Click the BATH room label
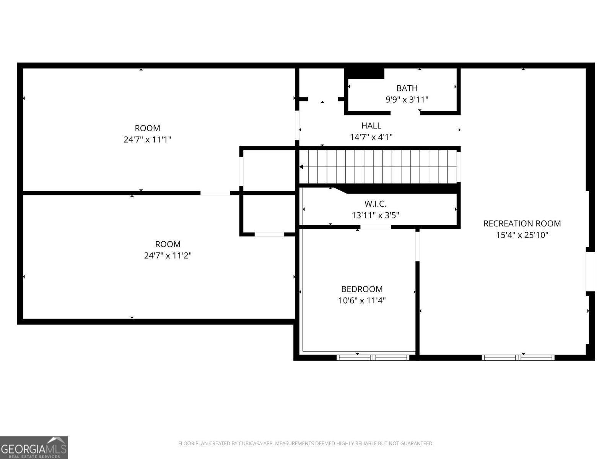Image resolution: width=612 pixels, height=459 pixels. click(407, 88)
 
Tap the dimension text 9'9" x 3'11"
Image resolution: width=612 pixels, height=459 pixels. click(407, 100)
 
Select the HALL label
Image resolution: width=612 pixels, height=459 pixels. click(371, 125)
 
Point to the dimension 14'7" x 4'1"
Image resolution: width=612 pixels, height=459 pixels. click(371, 137)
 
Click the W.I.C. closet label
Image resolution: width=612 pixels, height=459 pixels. click(375, 204)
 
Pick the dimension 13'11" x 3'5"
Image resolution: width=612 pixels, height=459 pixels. click(375, 215)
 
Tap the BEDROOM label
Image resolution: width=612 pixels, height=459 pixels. click(362, 289)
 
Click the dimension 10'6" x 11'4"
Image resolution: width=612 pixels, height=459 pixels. click(362, 301)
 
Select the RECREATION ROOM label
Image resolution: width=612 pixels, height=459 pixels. click(522, 223)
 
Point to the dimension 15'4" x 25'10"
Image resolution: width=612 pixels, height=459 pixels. click(522, 235)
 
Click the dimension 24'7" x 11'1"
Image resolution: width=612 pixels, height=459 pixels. click(147, 140)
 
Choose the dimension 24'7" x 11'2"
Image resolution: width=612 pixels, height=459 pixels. click(168, 256)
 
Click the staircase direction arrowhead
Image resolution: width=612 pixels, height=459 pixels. click(301, 167)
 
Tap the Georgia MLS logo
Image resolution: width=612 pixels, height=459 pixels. click(34, 447)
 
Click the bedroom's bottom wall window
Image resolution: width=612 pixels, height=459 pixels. click(373, 358)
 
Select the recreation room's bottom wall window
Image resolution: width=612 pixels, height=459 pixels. click(518, 358)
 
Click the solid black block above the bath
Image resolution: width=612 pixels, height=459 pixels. click(365, 73)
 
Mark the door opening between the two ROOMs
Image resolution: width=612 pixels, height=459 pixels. click(215, 193)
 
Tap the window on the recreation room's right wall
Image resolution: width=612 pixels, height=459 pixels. click(590, 272)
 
